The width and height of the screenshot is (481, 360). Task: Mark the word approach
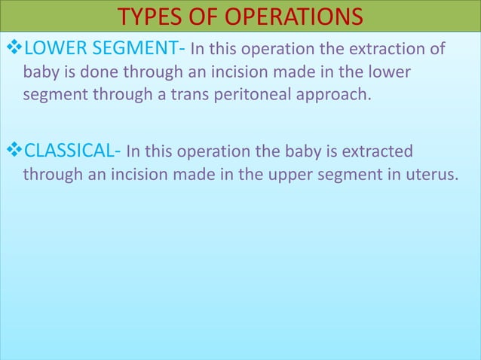[339, 97]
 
